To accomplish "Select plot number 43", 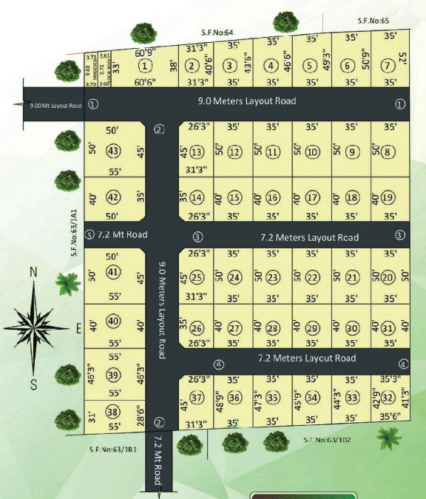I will coord(113,151).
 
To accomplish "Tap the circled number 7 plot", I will coord(385,65).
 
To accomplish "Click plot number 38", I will coord(112,412).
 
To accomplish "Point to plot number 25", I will coord(196,277).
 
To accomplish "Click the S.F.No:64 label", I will coord(217,33).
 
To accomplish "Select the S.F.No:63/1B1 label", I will coord(112,448).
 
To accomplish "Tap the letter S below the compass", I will coord(33,383).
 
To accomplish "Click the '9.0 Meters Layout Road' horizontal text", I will coord(246,101).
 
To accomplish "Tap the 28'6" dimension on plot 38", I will coord(138,411).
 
